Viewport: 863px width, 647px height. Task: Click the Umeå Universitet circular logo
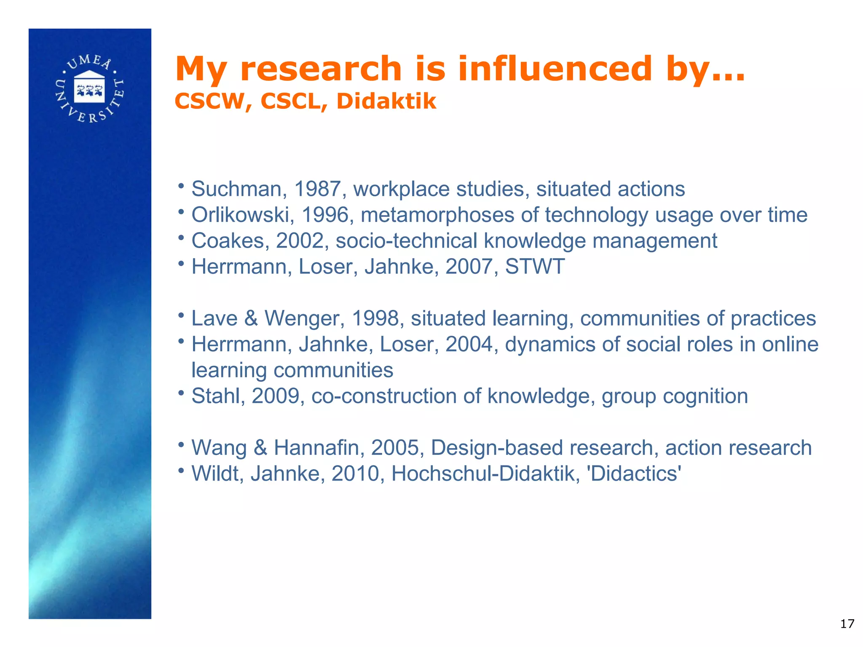tap(89, 89)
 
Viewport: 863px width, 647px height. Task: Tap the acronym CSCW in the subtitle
tap(210, 102)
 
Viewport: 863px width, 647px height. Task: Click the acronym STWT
tap(535, 267)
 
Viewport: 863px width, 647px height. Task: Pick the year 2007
tap(469, 267)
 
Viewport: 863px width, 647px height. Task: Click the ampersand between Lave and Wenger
tap(251, 318)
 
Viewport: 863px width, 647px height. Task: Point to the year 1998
tap(375, 318)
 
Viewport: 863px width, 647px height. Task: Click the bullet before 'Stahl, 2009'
tap(181, 393)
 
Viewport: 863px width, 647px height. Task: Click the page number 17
tap(847, 624)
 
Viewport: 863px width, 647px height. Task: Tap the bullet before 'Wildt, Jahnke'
tap(181, 470)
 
